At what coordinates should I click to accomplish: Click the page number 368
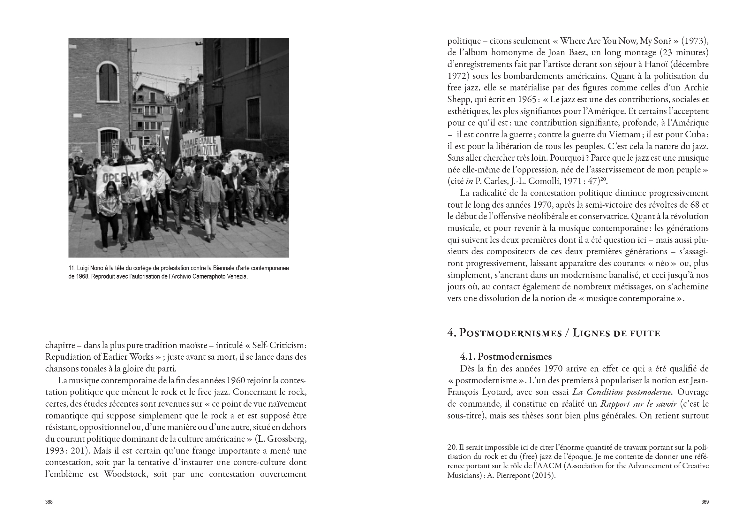[49, 502]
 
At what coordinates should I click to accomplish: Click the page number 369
[705, 502]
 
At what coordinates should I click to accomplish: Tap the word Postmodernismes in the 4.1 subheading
[515, 356]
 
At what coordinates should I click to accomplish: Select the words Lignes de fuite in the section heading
[616, 333]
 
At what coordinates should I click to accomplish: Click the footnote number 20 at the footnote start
[452, 448]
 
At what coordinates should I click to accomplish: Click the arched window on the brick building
[108, 81]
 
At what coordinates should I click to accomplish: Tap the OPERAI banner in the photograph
[115, 178]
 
